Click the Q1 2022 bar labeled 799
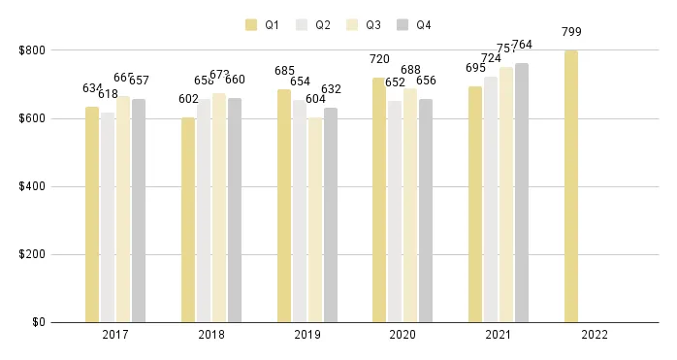point(571,186)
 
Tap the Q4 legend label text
point(424,24)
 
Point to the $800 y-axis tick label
point(30,50)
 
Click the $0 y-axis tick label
point(36,322)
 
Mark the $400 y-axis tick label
point(30,186)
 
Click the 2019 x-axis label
point(306,336)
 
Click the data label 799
point(571,32)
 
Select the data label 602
point(188,99)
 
